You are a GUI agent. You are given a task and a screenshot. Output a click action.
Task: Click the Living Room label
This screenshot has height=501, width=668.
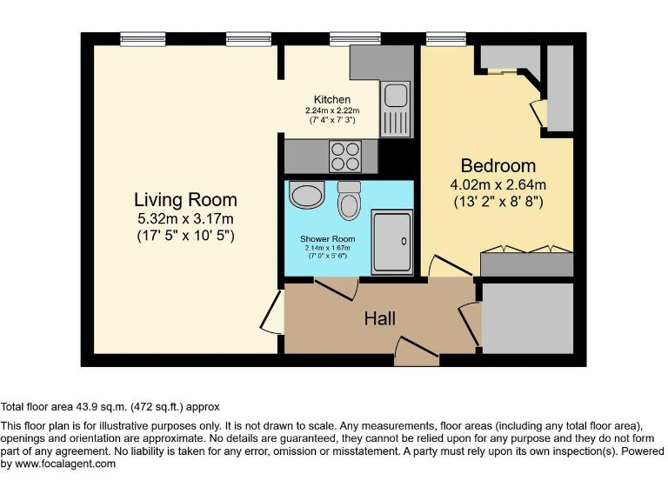click(184, 199)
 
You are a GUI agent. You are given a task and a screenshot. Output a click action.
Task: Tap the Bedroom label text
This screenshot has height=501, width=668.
click(498, 165)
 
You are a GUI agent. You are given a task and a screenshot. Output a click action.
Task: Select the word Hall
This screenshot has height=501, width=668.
click(380, 319)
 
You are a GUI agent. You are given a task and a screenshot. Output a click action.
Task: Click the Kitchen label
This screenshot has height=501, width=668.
click(332, 100)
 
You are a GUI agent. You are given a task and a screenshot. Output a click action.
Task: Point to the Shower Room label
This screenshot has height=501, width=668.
click(328, 238)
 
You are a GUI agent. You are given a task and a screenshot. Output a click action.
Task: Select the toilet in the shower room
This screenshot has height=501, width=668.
click(350, 203)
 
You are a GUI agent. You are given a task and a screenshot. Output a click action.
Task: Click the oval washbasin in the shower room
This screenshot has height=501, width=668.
click(306, 195)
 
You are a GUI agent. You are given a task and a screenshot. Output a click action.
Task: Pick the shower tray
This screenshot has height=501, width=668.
click(392, 239)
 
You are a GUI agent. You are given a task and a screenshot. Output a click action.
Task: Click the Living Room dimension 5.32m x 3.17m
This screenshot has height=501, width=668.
click(184, 218)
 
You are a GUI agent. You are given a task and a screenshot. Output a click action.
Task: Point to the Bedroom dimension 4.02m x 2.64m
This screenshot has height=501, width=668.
click(498, 184)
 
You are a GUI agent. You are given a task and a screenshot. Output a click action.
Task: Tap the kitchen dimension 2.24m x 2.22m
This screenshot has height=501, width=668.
click(332, 110)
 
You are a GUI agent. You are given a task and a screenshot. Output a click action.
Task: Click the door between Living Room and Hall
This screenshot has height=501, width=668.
click(272, 311)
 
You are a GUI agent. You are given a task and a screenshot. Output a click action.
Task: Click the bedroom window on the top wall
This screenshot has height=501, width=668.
click(445, 38)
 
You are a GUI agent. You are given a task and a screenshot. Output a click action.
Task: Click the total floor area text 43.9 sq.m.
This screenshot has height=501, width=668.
click(110, 406)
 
